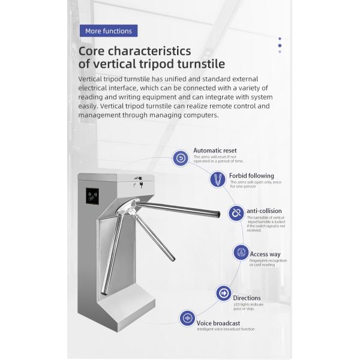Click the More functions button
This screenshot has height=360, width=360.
click(108, 31)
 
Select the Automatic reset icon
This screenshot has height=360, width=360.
click(181, 158)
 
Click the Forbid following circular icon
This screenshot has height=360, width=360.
click(217, 179)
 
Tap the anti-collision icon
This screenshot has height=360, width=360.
click(236, 213)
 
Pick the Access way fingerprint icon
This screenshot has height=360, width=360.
click(241, 253)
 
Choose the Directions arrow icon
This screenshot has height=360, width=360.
click(223, 293)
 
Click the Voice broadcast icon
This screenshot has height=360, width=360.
click(187, 319)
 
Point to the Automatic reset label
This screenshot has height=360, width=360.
click(215, 151)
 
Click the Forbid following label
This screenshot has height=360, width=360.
click(251, 176)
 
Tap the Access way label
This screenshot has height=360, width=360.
click(265, 254)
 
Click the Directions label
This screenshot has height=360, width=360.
click(247, 298)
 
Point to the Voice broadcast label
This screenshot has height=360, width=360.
click(218, 323)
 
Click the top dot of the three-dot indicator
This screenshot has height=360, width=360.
click(280, 40)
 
